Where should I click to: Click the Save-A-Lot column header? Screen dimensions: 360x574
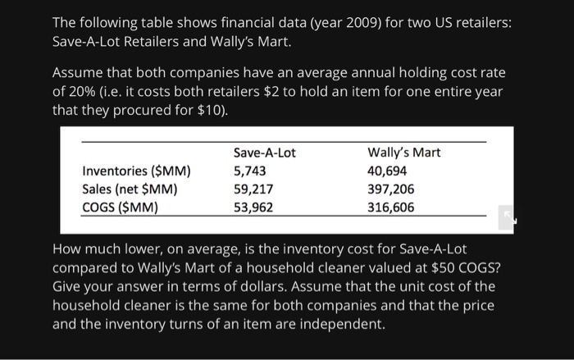[264, 153]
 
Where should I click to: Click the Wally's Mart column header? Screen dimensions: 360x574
[403, 153]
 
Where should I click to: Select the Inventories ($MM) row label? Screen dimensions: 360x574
[136, 171]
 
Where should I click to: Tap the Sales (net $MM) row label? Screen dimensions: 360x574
[130, 189]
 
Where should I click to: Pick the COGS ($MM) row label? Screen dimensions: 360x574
[121, 207]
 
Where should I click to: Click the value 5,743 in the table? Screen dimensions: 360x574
[250, 171]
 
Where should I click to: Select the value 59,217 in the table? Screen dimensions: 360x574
[253, 189]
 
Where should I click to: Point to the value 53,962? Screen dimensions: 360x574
[253, 207]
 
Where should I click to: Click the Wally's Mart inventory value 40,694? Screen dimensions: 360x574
[388, 171]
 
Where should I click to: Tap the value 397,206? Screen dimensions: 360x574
[391, 189]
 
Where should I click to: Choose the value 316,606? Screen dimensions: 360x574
[391, 207]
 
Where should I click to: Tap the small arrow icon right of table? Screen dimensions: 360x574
[506, 217]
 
